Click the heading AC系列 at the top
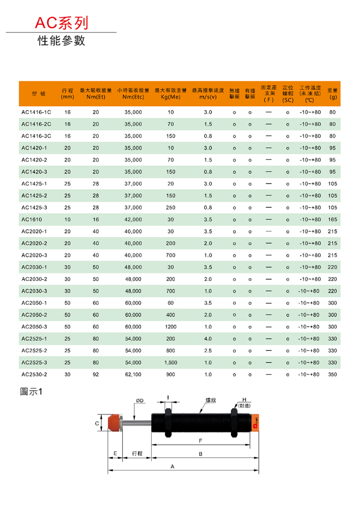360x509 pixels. tap(61, 23)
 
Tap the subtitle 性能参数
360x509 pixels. tap(61, 41)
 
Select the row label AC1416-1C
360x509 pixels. tap(36, 112)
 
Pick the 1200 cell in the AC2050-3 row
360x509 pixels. tap(170, 327)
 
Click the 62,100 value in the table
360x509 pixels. tap(133, 375)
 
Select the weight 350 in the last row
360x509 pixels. tap(332, 375)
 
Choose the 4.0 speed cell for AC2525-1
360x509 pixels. tap(208, 339)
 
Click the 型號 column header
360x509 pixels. tap(38, 93)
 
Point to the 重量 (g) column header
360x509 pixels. tap(333, 93)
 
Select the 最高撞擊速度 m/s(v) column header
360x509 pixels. tap(208, 93)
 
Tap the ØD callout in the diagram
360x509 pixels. tap(139, 400)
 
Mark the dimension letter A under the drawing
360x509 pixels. tap(173, 466)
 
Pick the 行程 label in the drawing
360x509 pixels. tap(137, 453)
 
